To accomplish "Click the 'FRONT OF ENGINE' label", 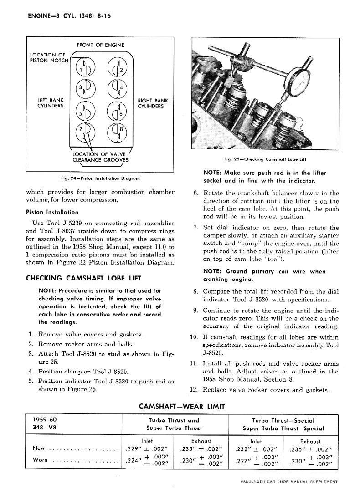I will point(100,45).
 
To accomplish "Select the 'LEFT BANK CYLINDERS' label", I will point(50,103).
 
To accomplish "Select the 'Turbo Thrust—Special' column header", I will point(283,420).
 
